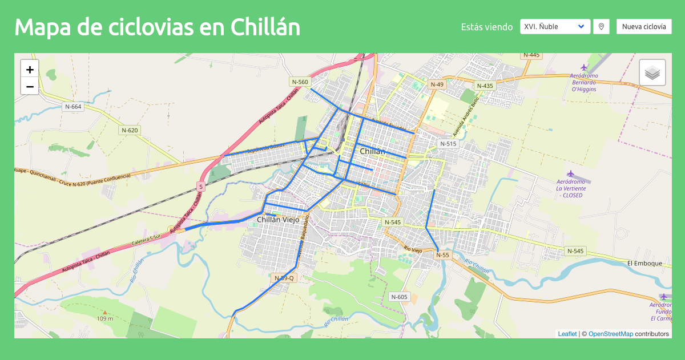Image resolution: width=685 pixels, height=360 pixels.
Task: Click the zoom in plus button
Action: tap(30, 70)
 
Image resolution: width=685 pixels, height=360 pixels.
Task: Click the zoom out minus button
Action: tap(30, 86)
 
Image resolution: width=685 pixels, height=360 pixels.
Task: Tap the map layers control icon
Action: tap(652, 72)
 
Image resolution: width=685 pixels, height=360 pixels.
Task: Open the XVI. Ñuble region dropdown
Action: tap(555, 26)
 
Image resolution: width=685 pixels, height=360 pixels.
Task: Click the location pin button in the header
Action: tap(601, 26)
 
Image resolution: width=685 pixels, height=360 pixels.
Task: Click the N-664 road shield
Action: tap(73, 107)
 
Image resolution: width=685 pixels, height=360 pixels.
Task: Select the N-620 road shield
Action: tap(130, 130)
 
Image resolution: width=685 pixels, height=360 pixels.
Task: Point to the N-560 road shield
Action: tap(300, 82)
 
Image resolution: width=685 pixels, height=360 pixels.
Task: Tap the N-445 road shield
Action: tap(531, 55)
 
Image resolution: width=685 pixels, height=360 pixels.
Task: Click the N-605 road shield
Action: tap(400, 297)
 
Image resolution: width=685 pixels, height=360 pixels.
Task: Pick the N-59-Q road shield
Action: tap(284, 278)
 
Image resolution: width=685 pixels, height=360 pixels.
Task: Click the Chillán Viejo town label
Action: tap(278, 220)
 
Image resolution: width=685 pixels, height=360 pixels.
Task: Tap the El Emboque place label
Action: tap(644, 263)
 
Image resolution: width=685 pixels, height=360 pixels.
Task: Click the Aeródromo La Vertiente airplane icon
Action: tap(570, 173)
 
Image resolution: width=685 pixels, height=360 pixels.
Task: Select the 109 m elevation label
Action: tap(105, 318)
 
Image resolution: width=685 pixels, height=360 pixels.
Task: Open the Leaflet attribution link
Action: tap(567, 334)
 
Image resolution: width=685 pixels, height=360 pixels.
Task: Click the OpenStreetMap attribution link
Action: tap(610, 334)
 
